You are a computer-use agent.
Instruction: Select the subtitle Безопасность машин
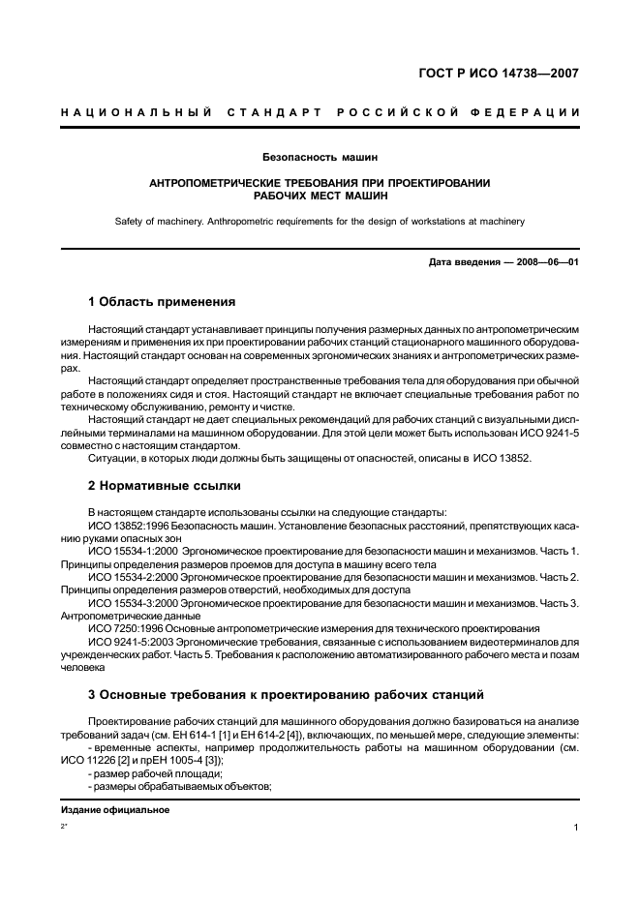320,156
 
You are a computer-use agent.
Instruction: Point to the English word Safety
130,221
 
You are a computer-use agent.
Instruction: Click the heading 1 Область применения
161,302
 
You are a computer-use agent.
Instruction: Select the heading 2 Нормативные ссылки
164,485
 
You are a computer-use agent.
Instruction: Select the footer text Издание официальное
114,809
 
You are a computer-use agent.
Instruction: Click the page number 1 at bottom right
575,828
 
